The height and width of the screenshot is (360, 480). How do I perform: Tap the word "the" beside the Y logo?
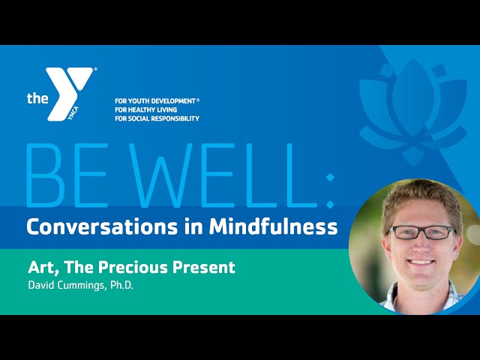[x=37, y=98]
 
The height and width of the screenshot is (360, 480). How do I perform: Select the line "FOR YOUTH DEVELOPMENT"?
[x=155, y=100]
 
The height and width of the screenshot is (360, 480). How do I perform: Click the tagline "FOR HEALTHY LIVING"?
[x=145, y=109]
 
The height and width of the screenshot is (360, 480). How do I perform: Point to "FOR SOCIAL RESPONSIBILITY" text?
[x=157, y=118]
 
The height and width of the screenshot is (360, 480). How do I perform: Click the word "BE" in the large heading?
[x=67, y=175]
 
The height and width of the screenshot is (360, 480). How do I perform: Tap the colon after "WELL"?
[x=330, y=190]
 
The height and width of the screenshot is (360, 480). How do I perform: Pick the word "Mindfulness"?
[x=273, y=226]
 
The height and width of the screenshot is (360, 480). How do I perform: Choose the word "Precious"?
[x=133, y=267]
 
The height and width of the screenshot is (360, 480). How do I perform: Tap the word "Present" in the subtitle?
[x=203, y=267]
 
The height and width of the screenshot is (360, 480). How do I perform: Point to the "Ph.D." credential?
[x=121, y=285]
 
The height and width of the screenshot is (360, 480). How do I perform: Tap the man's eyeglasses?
[x=421, y=232]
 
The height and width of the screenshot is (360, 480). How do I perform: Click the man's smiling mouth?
[x=420, y=262]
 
